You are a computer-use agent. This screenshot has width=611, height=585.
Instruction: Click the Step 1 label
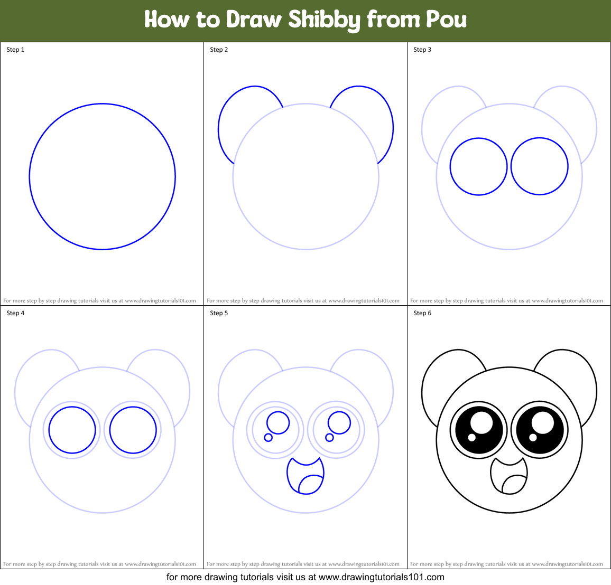15,50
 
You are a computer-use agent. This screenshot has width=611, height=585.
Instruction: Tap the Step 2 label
219,50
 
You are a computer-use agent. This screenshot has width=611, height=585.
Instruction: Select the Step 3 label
422,50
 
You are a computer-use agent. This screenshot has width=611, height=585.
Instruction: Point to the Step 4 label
15,313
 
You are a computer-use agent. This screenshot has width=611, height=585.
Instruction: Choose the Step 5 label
219,313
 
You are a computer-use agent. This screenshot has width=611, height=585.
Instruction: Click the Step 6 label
422,313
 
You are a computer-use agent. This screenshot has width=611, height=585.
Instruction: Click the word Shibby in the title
324,20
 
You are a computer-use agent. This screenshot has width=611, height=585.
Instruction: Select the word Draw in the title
254,20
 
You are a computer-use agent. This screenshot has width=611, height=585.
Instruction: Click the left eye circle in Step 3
479,167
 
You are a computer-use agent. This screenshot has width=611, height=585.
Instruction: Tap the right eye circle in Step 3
540,167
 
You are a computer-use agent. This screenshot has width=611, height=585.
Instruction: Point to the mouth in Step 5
305,475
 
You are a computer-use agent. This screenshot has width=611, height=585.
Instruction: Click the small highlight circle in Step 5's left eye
268,437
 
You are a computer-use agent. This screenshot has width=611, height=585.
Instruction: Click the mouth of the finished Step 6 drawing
508,475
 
